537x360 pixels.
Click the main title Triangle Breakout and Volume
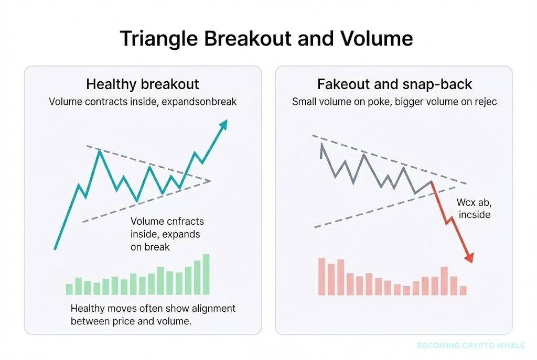[266, 39]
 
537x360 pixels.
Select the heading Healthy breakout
[142, 84]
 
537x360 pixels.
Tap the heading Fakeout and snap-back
[394, 84]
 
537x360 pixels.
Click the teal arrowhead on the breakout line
[224, 124]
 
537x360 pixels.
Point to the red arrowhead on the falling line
[469, 257]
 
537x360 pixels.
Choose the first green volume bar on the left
[69, 289]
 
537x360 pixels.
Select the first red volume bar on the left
[321, 276]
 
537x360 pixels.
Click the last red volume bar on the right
[463, 290]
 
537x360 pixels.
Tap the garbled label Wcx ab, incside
[474, 209]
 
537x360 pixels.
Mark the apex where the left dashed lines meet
[210, 181]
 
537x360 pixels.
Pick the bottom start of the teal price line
[55, 249]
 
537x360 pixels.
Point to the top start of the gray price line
[321, 145]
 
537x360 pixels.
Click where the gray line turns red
[432, 182]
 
